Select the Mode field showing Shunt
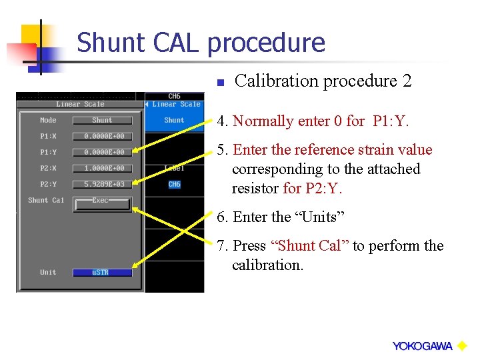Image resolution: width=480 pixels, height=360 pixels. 102,121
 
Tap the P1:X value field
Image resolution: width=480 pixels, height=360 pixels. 102,137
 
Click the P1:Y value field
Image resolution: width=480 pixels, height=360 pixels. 102,153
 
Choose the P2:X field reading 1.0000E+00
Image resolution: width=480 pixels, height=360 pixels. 102,169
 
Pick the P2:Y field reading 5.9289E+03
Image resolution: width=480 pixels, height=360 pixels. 102,185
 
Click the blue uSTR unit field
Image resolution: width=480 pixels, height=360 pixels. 102,273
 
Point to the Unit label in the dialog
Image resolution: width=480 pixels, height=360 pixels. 48,273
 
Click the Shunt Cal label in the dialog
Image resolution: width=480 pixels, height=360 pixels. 46,201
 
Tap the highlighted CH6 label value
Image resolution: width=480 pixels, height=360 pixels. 174,185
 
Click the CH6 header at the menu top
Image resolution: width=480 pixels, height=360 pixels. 174,97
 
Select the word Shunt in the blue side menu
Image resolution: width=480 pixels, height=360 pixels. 174,121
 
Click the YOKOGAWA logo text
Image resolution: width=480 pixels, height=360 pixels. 422,346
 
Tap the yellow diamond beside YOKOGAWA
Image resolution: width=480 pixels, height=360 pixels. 462,345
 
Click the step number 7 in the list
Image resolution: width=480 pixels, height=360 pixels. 221,246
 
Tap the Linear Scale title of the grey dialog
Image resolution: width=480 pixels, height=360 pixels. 80,104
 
